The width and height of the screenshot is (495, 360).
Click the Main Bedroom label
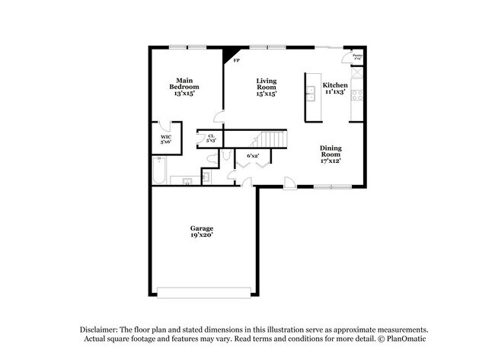(x=184, y=87)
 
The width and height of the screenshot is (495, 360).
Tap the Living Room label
(x=266, y=87)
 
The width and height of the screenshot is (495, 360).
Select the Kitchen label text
(x=335, y=88)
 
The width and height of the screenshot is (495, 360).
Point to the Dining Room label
(x=330, y=155)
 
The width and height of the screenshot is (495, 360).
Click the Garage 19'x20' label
(x=202, y=232)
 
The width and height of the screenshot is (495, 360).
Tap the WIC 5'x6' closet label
(x=165, y=139)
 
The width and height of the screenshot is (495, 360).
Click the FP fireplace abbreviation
(x=237, y=61)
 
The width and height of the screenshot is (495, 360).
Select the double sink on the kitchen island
(x=311, y=94)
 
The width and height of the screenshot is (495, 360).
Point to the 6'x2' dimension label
(x=252, y=155)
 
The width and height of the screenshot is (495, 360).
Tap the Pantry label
(x=356, y=56)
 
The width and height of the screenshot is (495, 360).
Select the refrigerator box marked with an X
(x=356, y=76)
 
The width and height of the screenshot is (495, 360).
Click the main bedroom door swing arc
(x=219, y=116)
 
